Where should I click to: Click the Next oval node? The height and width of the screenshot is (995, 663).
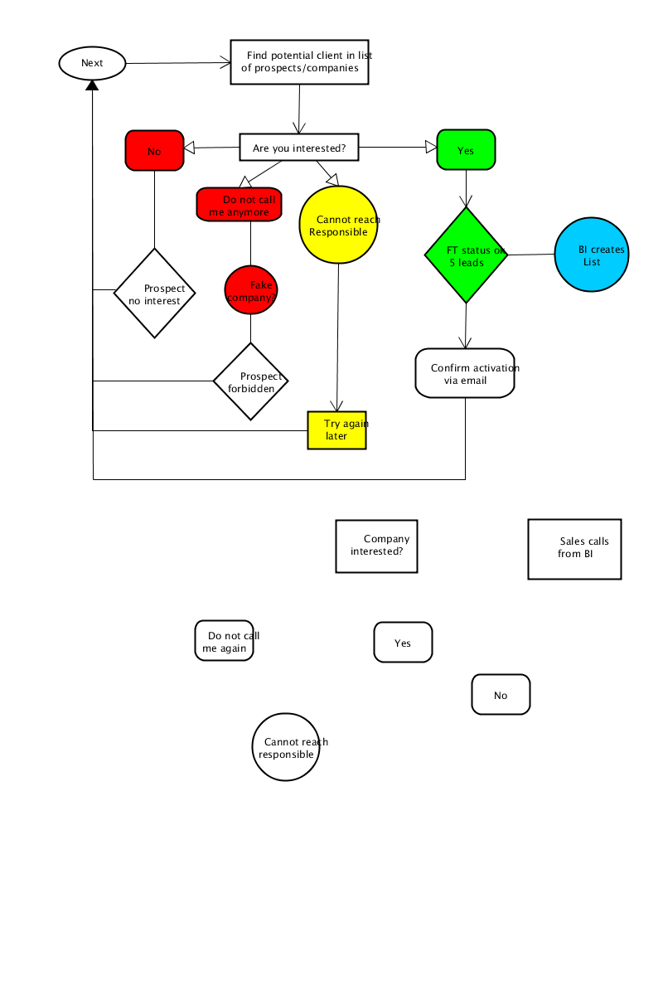pos(92,63)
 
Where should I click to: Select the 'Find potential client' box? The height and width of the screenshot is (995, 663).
pos(299,61)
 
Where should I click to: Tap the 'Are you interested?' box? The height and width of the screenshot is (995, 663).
pos(299,147)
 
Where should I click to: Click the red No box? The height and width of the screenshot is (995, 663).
pos(154,150)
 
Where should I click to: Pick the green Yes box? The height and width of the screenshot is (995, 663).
pos(466,150)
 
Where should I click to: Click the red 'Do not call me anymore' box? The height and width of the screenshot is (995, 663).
pos(239,204)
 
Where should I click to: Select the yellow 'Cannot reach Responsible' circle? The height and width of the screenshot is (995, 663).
pos(338,225)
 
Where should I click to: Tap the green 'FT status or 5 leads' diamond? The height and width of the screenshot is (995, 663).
pos(466,255)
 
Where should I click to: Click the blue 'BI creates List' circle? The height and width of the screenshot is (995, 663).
pos(592,255)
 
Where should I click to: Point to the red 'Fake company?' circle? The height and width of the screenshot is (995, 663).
pos(251,289)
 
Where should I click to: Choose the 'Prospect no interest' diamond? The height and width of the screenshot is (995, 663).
pos(154,294)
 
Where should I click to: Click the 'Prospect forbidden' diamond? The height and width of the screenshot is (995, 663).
pos(250,381)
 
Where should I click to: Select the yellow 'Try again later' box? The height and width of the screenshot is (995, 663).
pos(336,430)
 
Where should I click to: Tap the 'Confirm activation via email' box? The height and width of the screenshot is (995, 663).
pos(465,373)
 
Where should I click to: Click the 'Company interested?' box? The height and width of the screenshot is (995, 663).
pos(376,546)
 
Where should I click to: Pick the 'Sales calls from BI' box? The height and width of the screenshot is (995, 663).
pos(574,549)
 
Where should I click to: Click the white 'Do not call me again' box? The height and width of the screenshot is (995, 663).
pos(225,640)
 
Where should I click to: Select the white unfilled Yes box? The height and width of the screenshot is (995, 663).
pos(403,643)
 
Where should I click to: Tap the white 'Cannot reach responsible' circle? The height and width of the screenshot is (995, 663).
pos(286,747)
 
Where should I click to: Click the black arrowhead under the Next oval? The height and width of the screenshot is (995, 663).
pos(92,85)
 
